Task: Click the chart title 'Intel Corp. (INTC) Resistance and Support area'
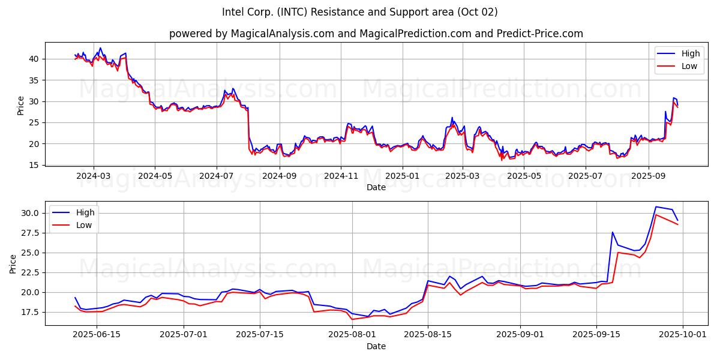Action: coord(359,12)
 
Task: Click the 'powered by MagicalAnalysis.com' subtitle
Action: coord(376,34)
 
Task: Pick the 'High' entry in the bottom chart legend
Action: coord(85,212)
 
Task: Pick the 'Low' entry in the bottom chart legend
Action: coord(83,225)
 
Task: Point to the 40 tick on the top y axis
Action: coord(34,59)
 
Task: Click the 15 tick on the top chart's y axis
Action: coord(34,165)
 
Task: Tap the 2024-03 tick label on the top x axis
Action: coord(93,176)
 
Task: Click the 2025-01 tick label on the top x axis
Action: coord(402,176)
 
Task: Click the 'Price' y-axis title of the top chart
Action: coord(21,105)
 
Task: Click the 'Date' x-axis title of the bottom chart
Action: coord(376,346)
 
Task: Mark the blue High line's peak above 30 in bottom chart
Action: coord(656,206)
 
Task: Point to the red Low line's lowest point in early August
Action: coord(352,319)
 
